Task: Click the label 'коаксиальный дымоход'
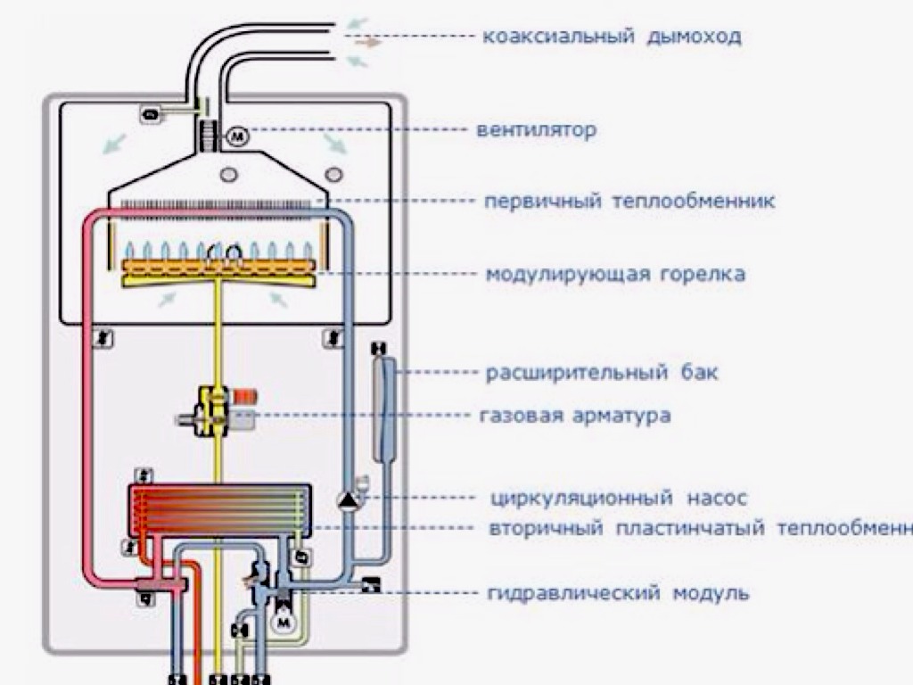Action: click(612, 37)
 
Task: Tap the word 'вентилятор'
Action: click(537, 131)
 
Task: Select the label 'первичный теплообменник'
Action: click(629, 201)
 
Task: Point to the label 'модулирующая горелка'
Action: click(615, 274)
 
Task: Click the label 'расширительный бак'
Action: click(602, 372)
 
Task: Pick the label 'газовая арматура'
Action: click(575, 416)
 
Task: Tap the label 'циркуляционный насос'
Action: click(619, 498)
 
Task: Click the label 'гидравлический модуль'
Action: click(619, 592)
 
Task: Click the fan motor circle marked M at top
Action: click(237, 137)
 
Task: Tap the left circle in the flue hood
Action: click(229, 173)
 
